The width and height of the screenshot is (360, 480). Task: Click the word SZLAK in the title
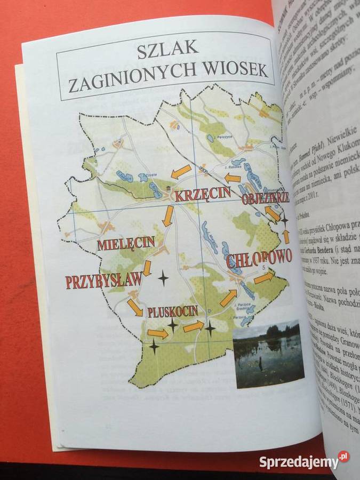(167, 51)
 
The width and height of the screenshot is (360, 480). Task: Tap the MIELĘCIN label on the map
(126, 244)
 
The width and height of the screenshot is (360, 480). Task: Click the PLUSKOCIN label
(173, 311)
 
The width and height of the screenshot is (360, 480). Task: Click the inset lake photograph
(268, 354)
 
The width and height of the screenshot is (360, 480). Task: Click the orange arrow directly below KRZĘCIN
(168, 215)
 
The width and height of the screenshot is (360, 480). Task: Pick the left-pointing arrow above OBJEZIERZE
(233, 177)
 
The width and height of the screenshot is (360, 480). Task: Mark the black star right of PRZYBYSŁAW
(163, 278)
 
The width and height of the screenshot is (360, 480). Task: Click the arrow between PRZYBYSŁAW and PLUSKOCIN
(135, 308)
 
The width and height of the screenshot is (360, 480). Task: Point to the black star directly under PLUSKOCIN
(172, 324)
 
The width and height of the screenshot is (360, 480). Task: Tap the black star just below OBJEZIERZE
(284, 219)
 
